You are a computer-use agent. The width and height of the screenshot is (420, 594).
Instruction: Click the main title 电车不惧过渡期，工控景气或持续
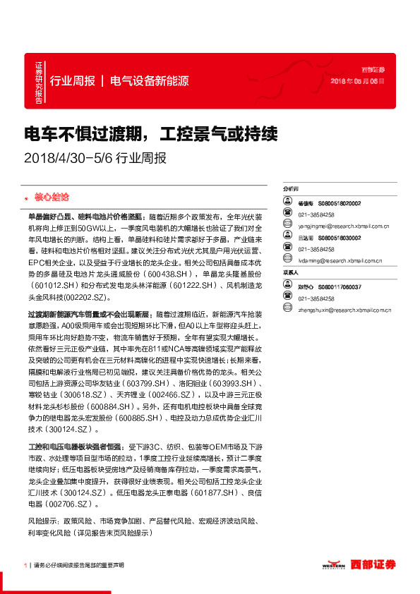coord(151,133)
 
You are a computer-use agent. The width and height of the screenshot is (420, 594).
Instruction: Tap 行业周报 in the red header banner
coord(73,80)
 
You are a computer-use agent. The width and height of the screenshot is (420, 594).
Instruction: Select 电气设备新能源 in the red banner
coord(150,80)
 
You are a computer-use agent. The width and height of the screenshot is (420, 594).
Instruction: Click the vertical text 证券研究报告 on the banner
coord(38,83)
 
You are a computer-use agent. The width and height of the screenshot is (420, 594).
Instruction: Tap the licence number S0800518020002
coord(340,203)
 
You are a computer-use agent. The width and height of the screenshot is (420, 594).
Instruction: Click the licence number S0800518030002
coord(340,238)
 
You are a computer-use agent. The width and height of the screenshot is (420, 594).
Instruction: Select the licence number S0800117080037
coord(340,287)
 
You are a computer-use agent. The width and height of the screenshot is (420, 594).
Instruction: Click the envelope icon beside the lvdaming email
coord(287,260)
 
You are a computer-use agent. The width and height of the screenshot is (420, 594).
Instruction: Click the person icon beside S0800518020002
coord(287,203)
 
